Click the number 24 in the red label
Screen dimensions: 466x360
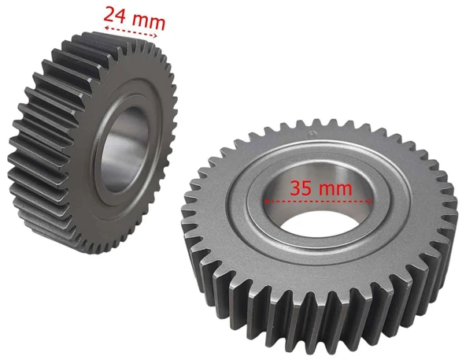[x=115, y=15]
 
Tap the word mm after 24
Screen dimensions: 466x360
[x=148, y=21]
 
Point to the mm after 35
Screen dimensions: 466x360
[x=335, y=189]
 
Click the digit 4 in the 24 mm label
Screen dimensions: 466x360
[x=120, y=16]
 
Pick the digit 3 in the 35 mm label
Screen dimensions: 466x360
[x=295, y=187]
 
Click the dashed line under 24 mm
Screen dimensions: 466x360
[x=131, y=32]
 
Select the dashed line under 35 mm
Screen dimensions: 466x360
[x=318, y=201]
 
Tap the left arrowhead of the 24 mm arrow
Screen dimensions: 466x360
[x=107, y=28]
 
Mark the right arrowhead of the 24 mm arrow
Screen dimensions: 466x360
[x=154, y=35]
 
